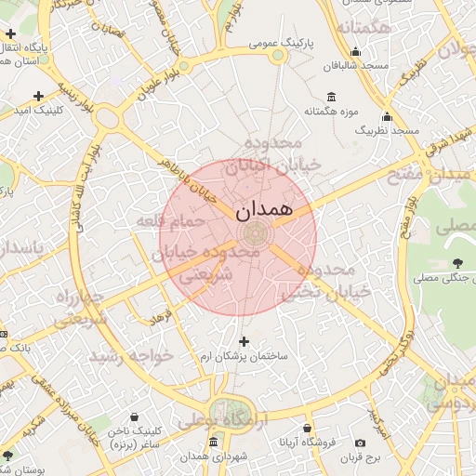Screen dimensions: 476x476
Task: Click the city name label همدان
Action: click(265, 209)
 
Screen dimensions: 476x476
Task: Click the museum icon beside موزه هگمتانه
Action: click(332, 98)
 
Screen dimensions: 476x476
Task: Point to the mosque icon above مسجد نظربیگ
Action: click(387, 117)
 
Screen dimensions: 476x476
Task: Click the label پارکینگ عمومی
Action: click(283, 44)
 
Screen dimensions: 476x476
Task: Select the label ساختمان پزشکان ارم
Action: click(245, 356)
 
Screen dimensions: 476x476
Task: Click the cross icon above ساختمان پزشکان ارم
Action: click(245, 340)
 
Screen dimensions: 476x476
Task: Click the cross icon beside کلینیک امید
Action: click(38, 96)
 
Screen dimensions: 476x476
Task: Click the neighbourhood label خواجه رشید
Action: click(131, 356)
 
